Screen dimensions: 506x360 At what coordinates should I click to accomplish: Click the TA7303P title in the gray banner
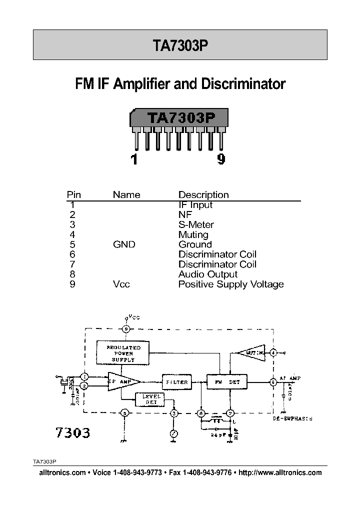tap(179, 45)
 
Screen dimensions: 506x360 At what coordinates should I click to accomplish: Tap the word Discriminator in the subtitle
tap(243, 83)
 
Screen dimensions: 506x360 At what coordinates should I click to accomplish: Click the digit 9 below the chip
tap(221, 159)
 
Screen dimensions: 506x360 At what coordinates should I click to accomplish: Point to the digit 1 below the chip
tap(134, 159)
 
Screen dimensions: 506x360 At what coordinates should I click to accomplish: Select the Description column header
tap(203, 195)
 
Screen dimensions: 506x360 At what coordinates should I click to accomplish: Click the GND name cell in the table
tap(124, 244)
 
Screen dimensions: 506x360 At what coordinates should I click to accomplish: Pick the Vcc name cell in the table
tap(121, 284)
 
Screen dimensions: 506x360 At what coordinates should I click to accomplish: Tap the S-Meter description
tap(196, 224)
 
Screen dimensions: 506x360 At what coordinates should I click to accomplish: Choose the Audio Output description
tap(208, 274)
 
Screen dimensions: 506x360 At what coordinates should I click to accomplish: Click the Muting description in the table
tap(193, 234)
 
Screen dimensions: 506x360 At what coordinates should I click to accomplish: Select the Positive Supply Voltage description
tap(231, 284)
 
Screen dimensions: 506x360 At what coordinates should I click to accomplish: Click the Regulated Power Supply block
tap(123, 353)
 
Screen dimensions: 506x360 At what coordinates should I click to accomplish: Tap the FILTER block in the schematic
tap(176, 382)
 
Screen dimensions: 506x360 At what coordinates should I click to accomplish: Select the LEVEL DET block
tap(149, 399)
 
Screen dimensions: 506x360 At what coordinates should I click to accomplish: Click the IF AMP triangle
tap(120, 381)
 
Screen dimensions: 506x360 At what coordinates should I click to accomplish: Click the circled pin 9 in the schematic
tap(126, 328)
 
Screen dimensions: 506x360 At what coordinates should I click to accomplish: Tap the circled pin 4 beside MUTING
tap(273, 352)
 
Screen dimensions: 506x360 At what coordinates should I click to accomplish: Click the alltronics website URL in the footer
tap(280, 472)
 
